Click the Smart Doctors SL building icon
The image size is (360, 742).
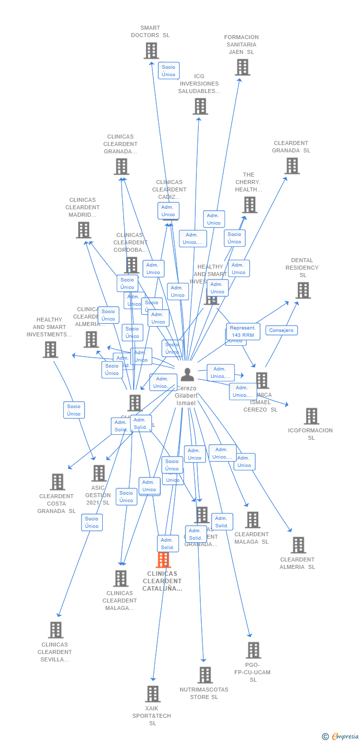[151, 50]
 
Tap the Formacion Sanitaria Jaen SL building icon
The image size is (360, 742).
[242, 67]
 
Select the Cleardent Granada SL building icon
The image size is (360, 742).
[292, 166]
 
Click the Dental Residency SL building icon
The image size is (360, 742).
[303, 290]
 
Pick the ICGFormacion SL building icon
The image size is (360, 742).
[312, 417]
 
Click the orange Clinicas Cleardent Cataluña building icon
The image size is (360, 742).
[163, 560]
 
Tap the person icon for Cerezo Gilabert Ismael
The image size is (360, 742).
[187, 374]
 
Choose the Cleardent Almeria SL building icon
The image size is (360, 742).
[298, 545]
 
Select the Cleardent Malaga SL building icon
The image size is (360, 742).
[253, 520]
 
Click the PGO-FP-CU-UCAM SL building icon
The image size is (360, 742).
[253, 650]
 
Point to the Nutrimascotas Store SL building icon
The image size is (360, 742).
[205, 675]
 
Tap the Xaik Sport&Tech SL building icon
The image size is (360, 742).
[153, 694]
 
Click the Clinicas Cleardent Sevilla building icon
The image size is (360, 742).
[56, 630]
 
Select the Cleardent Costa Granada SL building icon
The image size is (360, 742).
[57, 482]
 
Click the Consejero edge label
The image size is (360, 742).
[282, 330]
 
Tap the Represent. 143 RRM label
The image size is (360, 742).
[243, 331]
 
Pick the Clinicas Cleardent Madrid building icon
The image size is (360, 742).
[84, 230]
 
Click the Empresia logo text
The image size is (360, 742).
[345, 737]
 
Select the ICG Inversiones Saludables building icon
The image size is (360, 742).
[200, 106]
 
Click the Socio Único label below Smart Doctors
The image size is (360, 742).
[169, 71]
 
